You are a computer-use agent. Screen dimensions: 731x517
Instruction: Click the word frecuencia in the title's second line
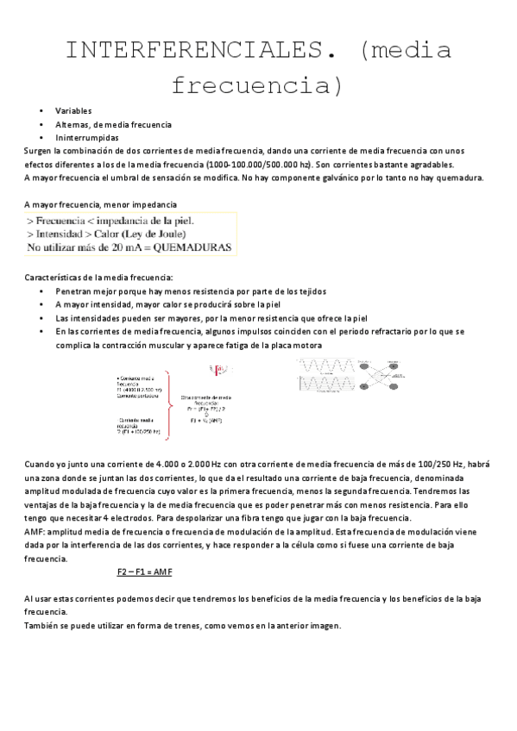(x=257, y=85)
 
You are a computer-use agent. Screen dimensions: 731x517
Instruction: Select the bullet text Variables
(x=73, y=111)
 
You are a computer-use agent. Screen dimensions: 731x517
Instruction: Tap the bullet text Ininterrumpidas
(x=87, y=137)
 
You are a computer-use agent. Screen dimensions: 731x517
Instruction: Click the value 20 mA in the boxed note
(x=114, y=247)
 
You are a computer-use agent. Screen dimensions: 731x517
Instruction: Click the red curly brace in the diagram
(x=171, y=394)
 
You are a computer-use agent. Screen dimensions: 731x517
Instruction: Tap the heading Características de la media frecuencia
(x=98, y=278)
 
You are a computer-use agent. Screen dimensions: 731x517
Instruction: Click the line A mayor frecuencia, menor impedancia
(x=101, y=204)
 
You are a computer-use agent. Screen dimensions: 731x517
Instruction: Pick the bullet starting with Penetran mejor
(x=190, y=291)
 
